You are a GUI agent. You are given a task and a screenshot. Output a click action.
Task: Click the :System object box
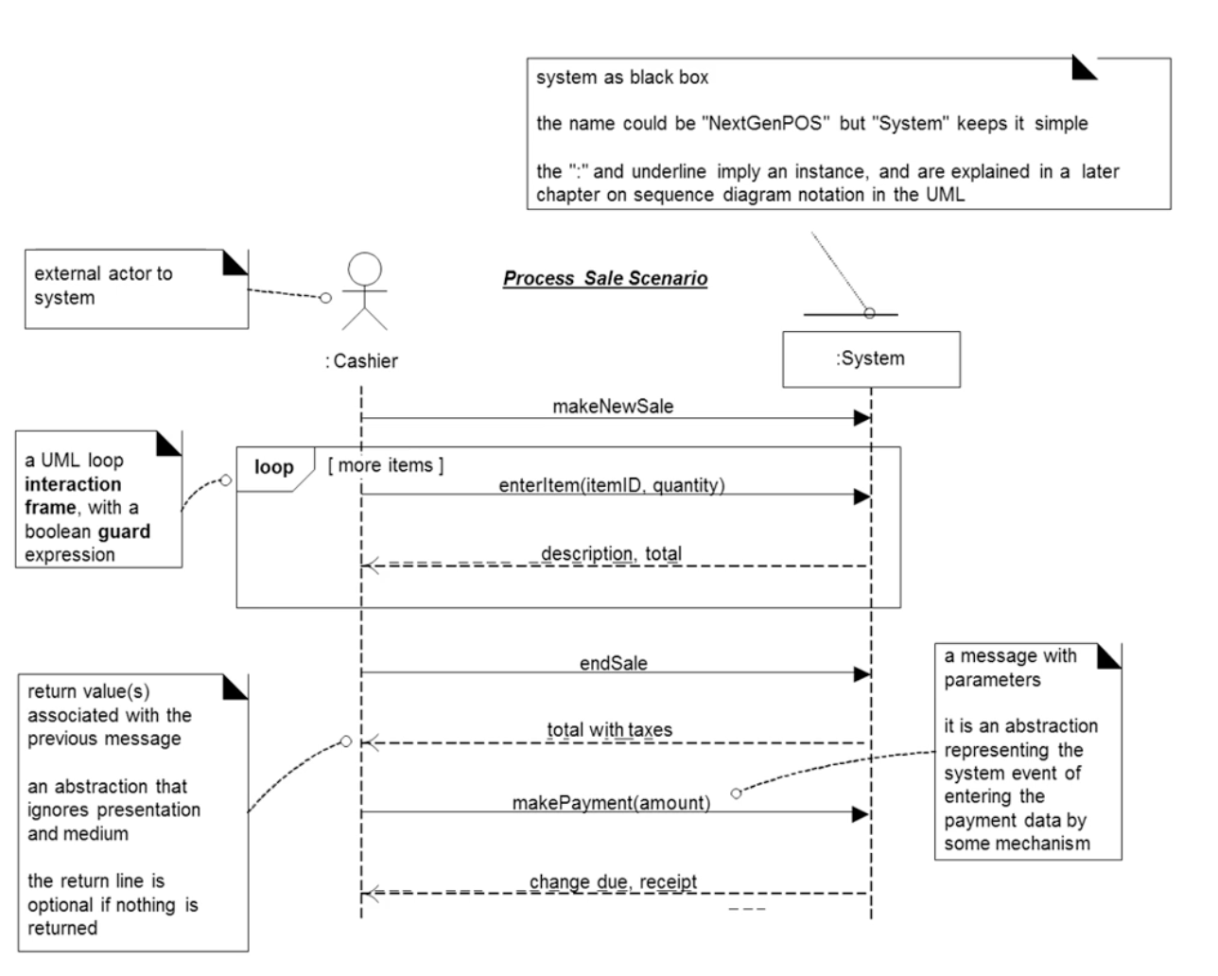(x=871, y=358)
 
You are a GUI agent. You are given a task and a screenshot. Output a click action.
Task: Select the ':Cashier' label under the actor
(x=362, y=361)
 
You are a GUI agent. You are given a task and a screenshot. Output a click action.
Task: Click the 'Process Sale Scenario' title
(x=604, y=278)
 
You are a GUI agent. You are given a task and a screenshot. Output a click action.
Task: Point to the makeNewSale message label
(x=613, y=407)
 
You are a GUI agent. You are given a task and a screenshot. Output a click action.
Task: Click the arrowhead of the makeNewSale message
(x=861, y=418)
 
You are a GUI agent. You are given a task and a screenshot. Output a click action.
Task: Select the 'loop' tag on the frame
(x=273, y=467)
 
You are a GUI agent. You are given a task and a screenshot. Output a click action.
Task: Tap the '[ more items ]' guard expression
(x=385, y=465)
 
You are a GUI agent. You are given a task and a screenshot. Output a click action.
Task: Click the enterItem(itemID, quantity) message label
(x=612, y=485)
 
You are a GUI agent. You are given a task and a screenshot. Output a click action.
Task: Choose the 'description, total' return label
(x=611, y=553)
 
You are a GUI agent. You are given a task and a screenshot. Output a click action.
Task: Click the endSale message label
(x=613, y=663)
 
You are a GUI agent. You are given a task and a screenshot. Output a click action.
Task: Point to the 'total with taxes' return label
(x=609, y=730)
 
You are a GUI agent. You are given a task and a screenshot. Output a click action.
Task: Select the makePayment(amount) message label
(x=611, y=803)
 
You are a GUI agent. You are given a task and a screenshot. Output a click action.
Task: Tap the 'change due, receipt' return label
(x=613, y=881)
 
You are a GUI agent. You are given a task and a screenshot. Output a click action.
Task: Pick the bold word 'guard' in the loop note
(x=123, y=532)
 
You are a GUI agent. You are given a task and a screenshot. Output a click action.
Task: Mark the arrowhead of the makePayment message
(x=861, y=813)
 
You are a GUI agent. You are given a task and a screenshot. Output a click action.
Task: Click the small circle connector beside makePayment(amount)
(x=737, y=793)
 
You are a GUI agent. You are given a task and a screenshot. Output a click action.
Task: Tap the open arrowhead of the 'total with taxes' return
(x=371, y=743)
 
